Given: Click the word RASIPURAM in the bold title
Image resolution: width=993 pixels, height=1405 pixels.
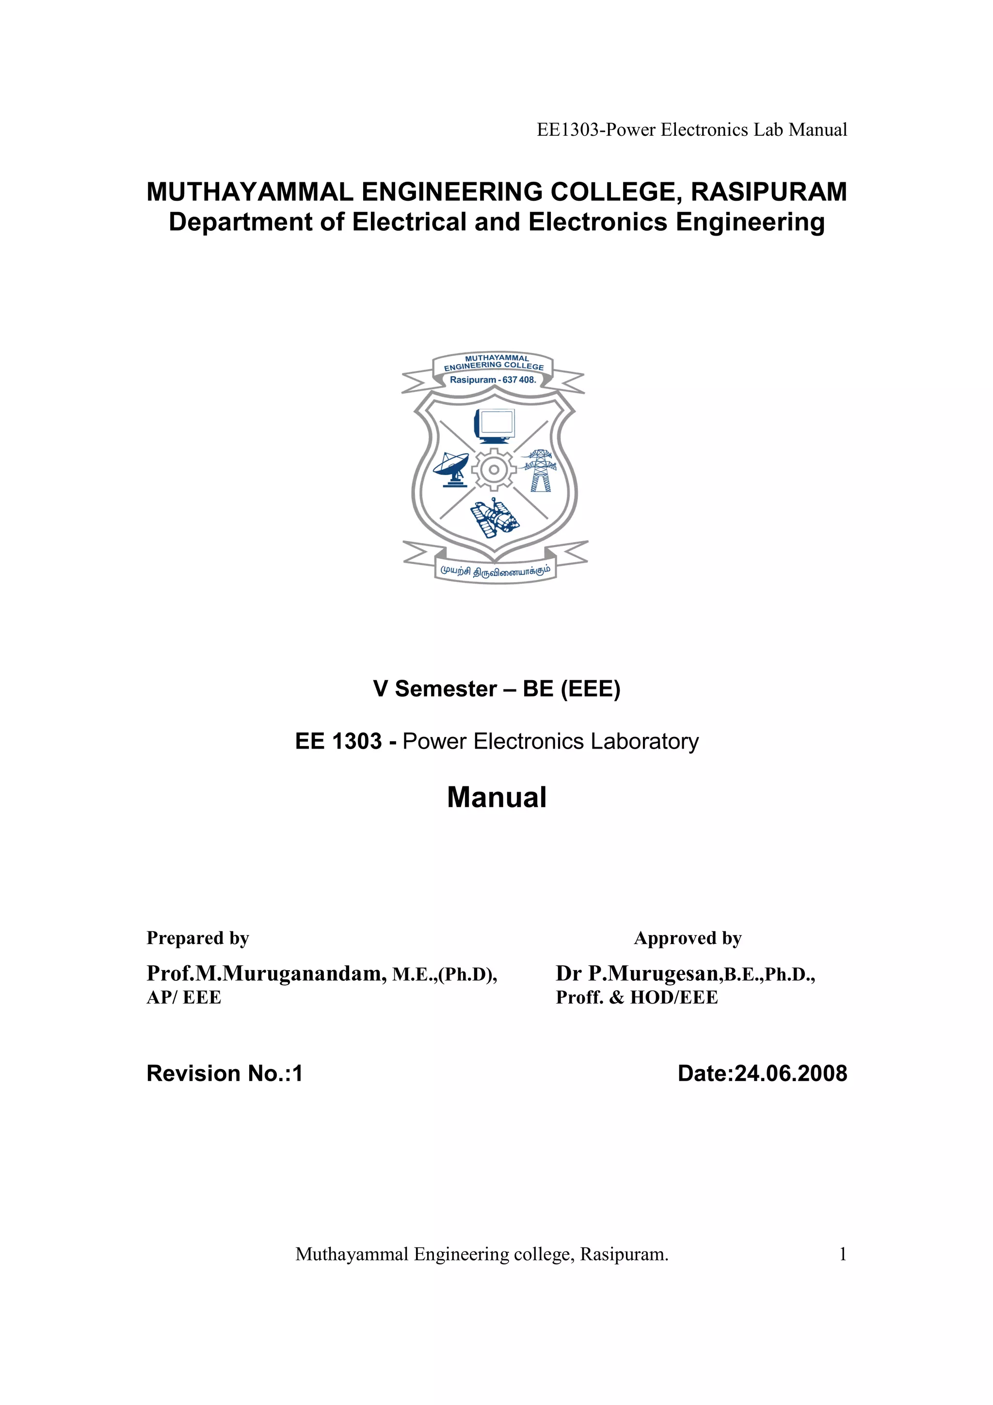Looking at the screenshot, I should (769, 192).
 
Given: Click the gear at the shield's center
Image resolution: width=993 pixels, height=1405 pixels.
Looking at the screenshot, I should (494, 470).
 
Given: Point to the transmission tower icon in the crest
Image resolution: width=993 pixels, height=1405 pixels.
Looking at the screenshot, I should (540, 471).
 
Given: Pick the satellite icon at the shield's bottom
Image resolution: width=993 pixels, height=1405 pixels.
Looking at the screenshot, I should (495, 518).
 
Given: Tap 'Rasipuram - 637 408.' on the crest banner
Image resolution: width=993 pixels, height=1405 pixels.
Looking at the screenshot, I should (493, 380).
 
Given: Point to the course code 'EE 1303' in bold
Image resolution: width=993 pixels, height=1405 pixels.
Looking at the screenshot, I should (338, 742).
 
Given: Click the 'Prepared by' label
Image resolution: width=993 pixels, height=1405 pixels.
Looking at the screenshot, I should (198, 938).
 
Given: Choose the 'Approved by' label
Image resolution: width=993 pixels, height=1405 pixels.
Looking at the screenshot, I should (688, 938).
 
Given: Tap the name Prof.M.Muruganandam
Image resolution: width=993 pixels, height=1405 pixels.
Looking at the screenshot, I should (266, 974).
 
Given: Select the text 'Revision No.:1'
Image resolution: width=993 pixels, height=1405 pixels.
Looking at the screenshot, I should (224, 1073).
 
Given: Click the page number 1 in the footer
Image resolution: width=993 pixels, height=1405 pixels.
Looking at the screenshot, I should (843, 1255).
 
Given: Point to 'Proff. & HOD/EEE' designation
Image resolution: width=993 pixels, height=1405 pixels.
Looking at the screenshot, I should (636, 997).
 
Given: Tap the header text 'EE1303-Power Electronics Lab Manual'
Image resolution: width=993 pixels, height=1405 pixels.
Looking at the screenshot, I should (691, 130).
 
